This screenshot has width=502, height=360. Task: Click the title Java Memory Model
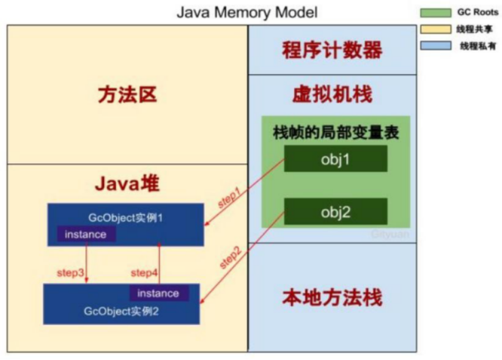click(x=247, y=12)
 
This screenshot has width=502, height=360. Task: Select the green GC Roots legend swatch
click(x=435, y=12)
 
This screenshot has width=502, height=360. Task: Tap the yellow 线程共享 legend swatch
click(x=435, y=29)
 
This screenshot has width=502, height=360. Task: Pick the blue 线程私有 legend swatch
click(x=435, y=46)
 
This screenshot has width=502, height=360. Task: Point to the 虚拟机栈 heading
click(x=331, y=95)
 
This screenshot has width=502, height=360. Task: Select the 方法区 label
click(x=127, y=95)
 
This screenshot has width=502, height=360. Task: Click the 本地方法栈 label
click(x=331, y=298)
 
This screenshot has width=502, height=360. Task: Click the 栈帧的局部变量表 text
click(x=336, y=132)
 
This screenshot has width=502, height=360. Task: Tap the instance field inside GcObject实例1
click(x=86, y=234)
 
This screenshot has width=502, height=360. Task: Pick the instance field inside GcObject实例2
click(x=158, y=293)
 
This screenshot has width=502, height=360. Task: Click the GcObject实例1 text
click(x=125, y=218)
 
